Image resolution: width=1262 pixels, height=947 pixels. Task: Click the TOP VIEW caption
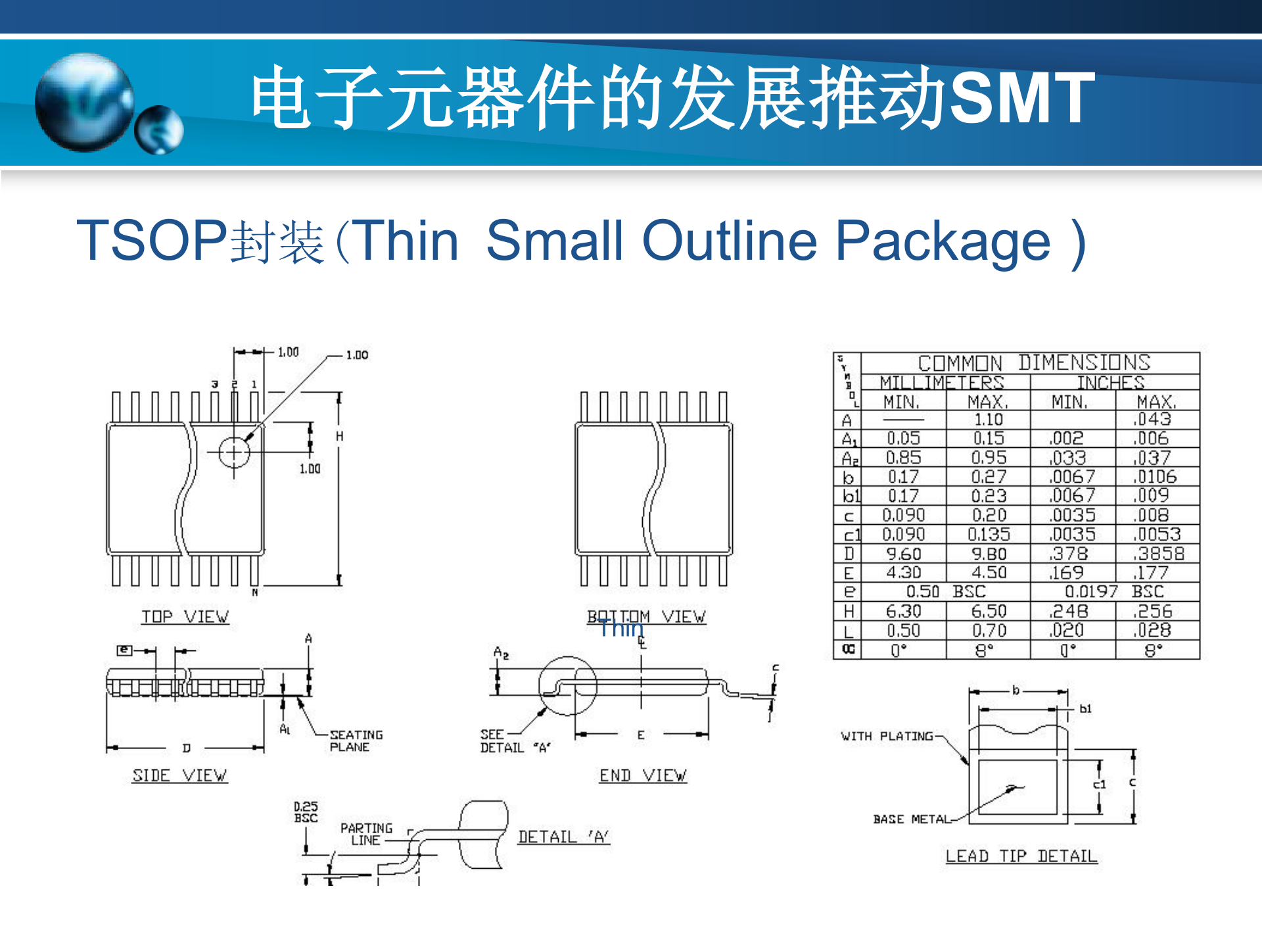[x=185, y=617]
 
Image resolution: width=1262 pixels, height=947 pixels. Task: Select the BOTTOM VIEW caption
[x=647, y=617]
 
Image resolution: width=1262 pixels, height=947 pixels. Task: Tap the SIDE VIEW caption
[x=179, y=775]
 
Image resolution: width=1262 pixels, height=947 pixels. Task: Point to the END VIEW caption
[x=643, y=775]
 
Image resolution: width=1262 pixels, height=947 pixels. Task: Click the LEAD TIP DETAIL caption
[x=1021, y=856]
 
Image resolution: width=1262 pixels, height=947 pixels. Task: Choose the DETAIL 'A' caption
[x=563, y=837]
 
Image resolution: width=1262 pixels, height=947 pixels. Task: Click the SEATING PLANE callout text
[x=356, y=741]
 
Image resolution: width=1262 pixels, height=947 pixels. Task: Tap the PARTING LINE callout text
[x=366, y=834]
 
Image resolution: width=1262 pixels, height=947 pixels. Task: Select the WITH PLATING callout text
[x=887, y=736]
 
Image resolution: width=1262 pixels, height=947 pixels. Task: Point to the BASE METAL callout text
[x=912, y=819]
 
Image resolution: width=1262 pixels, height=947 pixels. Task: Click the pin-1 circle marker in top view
[x=234, y=452]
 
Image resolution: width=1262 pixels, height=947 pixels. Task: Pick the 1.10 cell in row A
[x=988, y=420]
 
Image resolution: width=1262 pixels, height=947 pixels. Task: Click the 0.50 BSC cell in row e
[x=946, y=591]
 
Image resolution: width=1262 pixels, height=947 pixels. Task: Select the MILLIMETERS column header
[x=942, y=383]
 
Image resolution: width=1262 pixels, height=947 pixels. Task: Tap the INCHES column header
[x=1110, y=383]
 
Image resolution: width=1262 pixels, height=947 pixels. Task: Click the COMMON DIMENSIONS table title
[x=1034, y=362]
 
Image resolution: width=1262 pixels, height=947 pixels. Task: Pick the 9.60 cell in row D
[x=903, y=554]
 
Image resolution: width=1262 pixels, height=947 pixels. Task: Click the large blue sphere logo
[x=84, y=102]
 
